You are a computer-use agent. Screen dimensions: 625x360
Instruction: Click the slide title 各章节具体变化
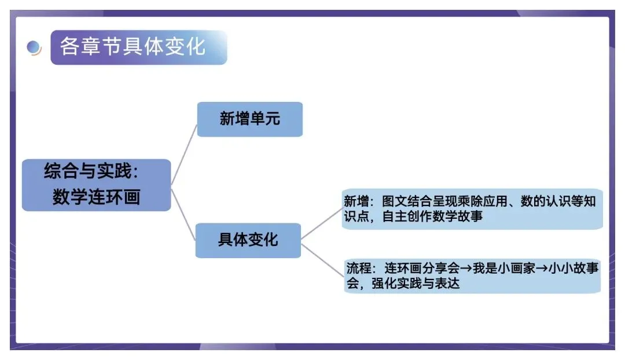point(133,47)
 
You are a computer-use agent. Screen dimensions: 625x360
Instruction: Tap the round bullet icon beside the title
point(34,47)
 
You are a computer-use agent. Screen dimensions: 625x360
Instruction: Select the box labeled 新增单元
point(249,119)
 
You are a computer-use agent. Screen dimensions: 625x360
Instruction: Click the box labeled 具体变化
point(248,240)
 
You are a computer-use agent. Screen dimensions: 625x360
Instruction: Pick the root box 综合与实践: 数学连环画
point(96,185)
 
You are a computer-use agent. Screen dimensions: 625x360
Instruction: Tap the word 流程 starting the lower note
point(357,269)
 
